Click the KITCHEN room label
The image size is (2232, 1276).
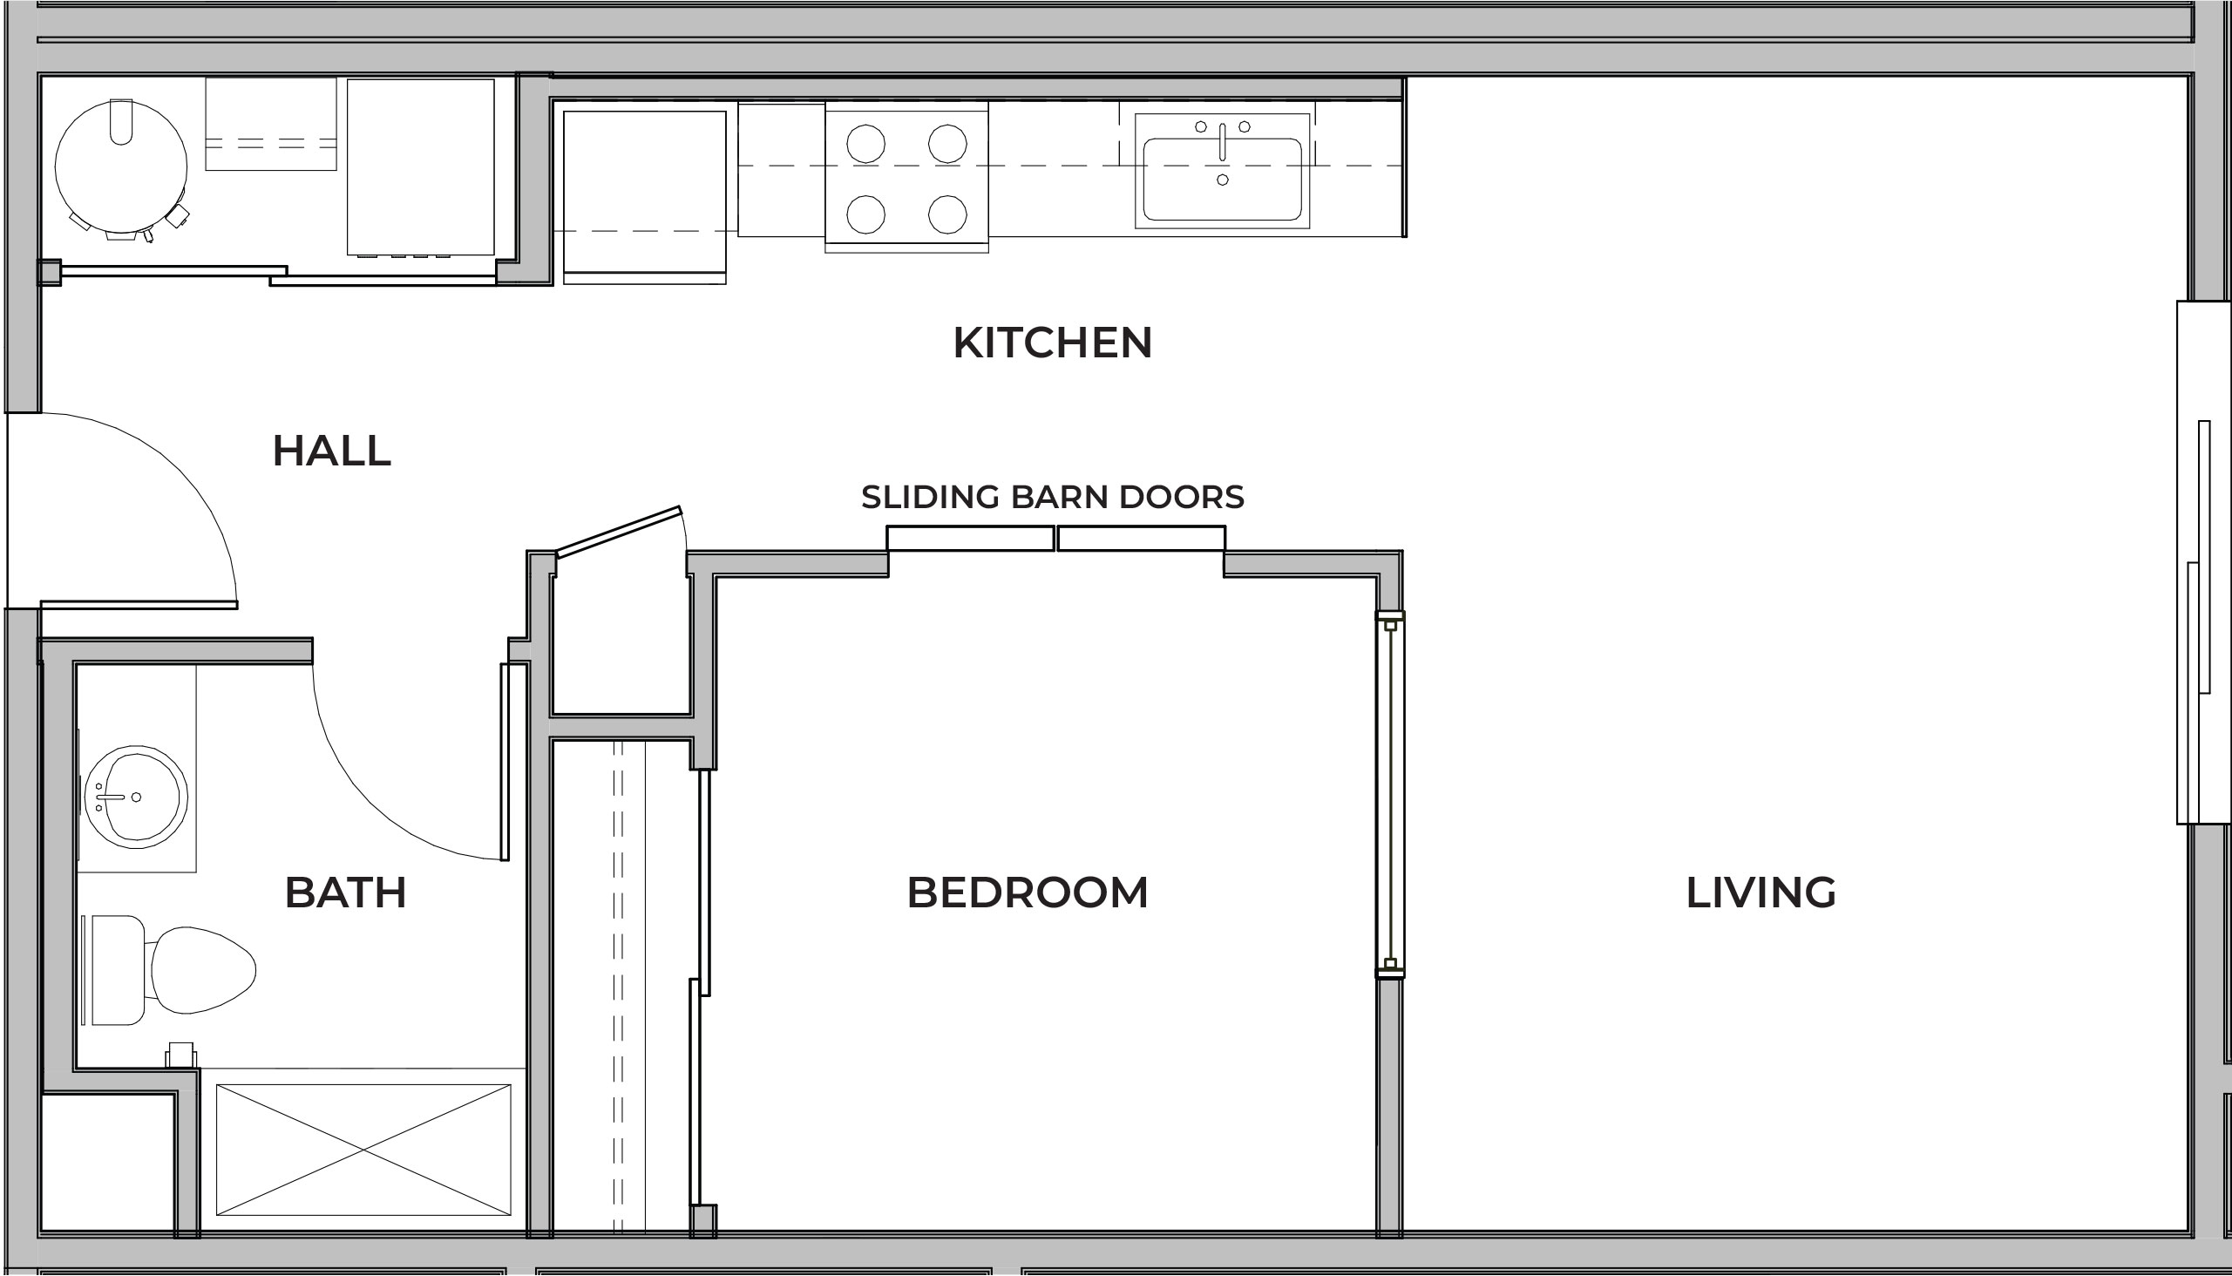pyautogui.click(x=1053, y=343)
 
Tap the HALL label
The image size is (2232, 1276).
pyautogui.click(x=331, y=451)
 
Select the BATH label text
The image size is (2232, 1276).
pyautogui.click(x=345, y=893)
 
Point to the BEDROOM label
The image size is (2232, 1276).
pyautogui.click(x=1027, y=893)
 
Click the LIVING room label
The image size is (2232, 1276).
pyautogui.click(x=1760, y=893)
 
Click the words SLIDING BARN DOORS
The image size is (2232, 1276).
pyautogui.click(x=1053, y=497)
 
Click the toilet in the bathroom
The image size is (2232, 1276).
pyautogui.click(x=169, y=970)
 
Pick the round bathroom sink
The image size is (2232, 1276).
pyautogui.click(x=136, y=797)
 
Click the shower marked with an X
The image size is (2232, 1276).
pyautogui.click(x=363, y=1150)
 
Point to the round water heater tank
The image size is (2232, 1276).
pyautogui.click(x=121, y=166)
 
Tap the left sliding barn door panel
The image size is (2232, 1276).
pyautogui.click(x=971, y=538)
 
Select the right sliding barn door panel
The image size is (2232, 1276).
pyautogui.click(x=1141, y=538)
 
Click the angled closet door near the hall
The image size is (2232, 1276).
pyautogui.click(x=619, y=531)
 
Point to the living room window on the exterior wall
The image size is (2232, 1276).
pyautogui.click(x=2204, y=562)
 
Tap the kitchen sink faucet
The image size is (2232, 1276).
pyautogui.click(x=1223, y=142)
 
